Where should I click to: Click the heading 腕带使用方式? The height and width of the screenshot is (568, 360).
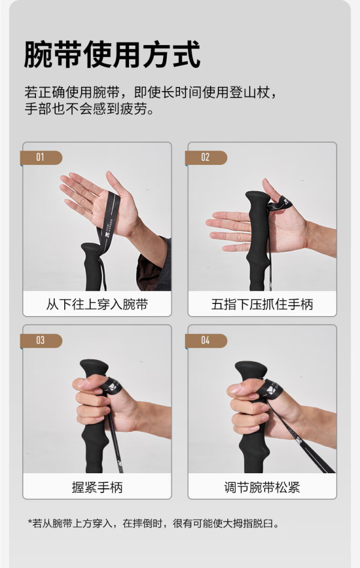pyautogui.click(x=112, y=55)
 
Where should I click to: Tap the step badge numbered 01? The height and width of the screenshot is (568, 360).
pyautogui.click(x=41, y=158)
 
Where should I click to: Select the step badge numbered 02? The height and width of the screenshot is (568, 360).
pyautogui.click(x=206, y=158)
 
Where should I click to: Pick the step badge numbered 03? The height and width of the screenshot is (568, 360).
pyautogui.click(x=41, y=341)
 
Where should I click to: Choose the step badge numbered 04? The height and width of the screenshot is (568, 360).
pyautogui.click(x=206, y=341)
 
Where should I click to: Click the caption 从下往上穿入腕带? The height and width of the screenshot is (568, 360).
pyautogui.click(x=97, y=304)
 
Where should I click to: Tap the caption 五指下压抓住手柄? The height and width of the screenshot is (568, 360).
pyautogui.click(x=262, y=304)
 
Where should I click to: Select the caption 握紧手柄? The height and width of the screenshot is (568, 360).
pyautogui.click(x=97, y=487)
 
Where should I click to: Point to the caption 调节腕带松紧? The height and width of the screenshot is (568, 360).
pyautogui.click(x=262, y=487)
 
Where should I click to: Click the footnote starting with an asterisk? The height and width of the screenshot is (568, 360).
pyautogui.click(x=154, y=524)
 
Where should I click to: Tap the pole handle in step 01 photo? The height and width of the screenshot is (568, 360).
pyautogui.click(x=92, y=267)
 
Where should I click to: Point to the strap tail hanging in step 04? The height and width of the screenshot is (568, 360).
pyautogui.click(x=301, y=438)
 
